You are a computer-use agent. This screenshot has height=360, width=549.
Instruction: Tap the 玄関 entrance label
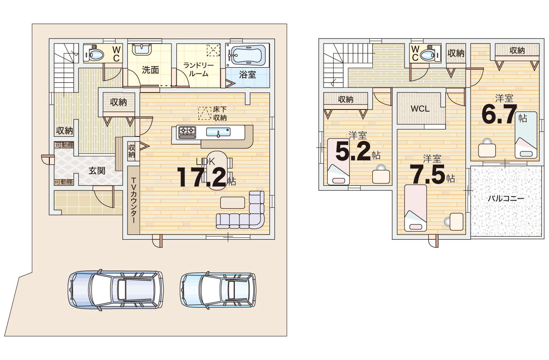point(97,171)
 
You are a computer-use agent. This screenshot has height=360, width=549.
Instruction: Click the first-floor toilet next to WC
point(94,53)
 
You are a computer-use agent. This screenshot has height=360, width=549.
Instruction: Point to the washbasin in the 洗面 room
point(142,49)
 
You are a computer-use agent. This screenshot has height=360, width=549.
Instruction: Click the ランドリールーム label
point(198,70)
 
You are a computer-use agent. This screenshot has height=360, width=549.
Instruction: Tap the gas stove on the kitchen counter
point(187,132)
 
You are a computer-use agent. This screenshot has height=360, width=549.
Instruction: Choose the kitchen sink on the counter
point(218,132)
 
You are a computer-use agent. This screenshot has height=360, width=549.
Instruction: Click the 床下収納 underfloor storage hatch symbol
point(205,113)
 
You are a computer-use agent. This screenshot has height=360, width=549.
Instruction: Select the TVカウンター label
point(134,200)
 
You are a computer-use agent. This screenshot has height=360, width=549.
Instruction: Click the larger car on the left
point(116,290)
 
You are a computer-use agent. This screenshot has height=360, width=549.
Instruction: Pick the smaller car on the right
point(218,290)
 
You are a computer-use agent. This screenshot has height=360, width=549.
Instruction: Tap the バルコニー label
point(505,198)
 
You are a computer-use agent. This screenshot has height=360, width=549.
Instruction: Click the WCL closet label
point(420,109)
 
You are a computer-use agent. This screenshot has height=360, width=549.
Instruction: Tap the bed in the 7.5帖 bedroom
point(416,208)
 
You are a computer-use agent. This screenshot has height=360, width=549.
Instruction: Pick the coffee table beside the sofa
point(232,202)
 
